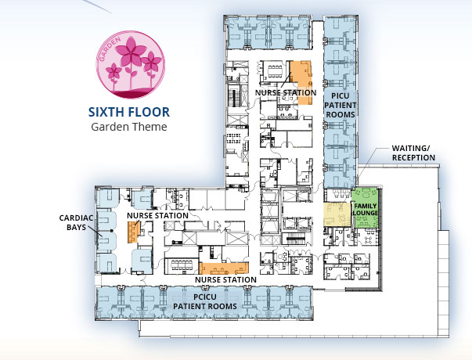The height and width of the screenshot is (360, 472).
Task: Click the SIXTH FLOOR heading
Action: tap(129, 112)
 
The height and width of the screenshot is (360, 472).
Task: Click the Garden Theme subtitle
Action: tap(129, 127)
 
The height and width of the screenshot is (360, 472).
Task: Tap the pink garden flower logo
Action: tap(131, 64)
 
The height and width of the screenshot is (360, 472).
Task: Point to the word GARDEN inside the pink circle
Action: tap(110, 49)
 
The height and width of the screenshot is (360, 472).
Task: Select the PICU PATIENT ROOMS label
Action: tap(340, 106)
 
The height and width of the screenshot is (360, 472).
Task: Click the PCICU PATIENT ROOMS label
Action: tap(205, 301)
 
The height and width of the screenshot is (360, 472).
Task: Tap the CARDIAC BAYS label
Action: tap(76, 222)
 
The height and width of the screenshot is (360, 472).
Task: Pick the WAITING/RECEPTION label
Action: tap(413, 153)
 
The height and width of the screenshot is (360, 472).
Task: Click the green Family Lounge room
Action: tap(365, 207)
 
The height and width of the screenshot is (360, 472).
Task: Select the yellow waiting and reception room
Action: tap(337, 214)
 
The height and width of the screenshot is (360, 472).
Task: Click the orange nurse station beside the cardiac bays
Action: tap(133, 232)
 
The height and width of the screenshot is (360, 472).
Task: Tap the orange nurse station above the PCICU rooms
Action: tap(224, 268)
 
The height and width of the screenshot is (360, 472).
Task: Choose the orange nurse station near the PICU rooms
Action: tap(302, 82)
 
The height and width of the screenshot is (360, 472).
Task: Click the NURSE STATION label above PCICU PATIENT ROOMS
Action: tap(225, 279)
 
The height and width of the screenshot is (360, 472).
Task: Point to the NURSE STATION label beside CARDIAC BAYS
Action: tap(157, 215)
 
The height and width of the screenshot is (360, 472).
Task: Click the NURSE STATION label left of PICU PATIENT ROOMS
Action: tap(286, 92)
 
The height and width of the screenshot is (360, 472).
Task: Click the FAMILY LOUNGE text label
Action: tap(365, 210)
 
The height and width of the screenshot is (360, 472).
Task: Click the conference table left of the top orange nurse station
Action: tap(275, 72)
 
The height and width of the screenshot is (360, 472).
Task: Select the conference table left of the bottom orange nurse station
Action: tap(182, 265)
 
